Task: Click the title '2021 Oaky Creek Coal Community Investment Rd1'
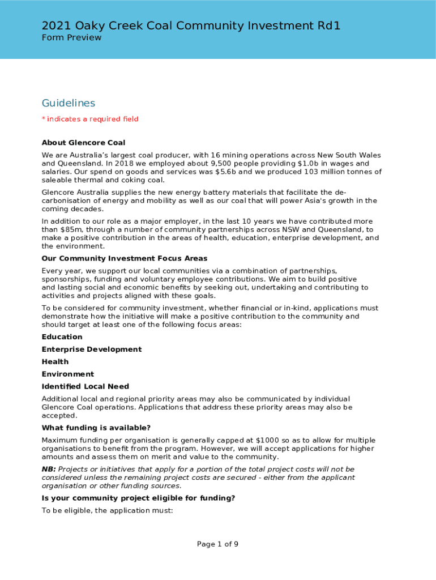point(191,25)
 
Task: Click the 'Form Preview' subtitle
point(71,37)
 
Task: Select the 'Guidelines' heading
point(69,103)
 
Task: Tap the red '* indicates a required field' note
point(90,119)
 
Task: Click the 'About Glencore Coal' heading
point(84,143)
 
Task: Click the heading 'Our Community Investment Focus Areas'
point(125,258)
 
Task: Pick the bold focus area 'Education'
point(62,337)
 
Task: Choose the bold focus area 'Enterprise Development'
point(92,349)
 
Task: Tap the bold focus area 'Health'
point(55,362)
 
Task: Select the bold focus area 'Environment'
point(68,374)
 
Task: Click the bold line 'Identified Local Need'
point(86,387)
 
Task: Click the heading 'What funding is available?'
point(96,428)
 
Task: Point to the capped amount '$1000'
point(266,441)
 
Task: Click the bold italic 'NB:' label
point(49,469)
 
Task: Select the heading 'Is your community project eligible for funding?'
point(138,498)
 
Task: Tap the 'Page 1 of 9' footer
point(217,544)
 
